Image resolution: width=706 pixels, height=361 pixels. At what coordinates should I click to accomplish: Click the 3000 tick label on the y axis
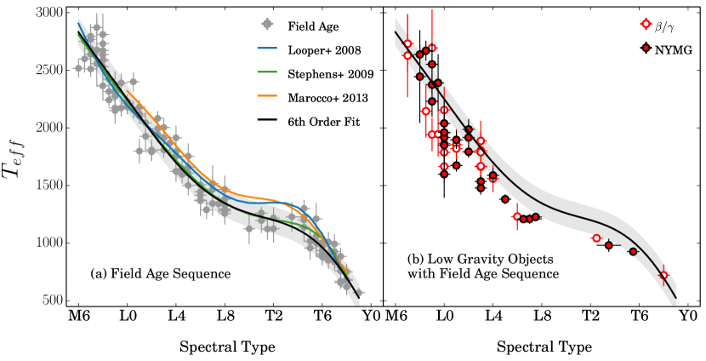point(47,12)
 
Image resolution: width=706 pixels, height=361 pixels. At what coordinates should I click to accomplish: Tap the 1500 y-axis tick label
point(47,185)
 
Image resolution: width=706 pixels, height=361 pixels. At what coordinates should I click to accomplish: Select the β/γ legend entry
point(668,27)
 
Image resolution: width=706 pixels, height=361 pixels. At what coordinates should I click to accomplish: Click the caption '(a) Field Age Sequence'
point(161,273)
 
